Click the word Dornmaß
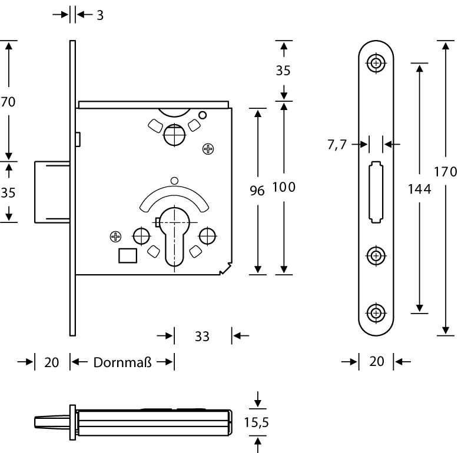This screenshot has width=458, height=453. pyautogui.click(x=122, y=362)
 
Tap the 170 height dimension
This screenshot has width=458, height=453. pyautogui.click(x=445, y=172)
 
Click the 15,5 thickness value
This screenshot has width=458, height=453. pyautogui.click(x=257, y=422)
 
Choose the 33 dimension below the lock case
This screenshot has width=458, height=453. pyautogui.click(x=202, y=337)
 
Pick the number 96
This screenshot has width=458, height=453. pyautogui.click(x=257, y=190)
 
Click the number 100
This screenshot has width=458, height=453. pyautogui.click(x=283, y=188)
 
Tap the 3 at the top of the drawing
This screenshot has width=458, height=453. pyautogui.click(x=100, y=15)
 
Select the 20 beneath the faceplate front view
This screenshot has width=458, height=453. pyautogui.click(x=376, y=362)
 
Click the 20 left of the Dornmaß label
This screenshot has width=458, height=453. pyautogui.click(x=52, y=362)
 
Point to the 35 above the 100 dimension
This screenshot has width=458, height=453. pyautogui.click(x=283, y=70)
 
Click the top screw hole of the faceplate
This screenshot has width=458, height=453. pyautogui.click(x=376, y=62)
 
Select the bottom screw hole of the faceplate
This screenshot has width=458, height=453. pyautogui.click(x=376, y=312)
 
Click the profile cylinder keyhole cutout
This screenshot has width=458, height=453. pyautogui.click(x=175, y=235)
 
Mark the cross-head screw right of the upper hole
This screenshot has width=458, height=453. pyautogui.click(x=208, y=149)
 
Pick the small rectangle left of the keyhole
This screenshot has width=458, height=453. pyautogui.click(x=128, y=255)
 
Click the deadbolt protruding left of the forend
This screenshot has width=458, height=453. pyautogui.click(x=52, y=191)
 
